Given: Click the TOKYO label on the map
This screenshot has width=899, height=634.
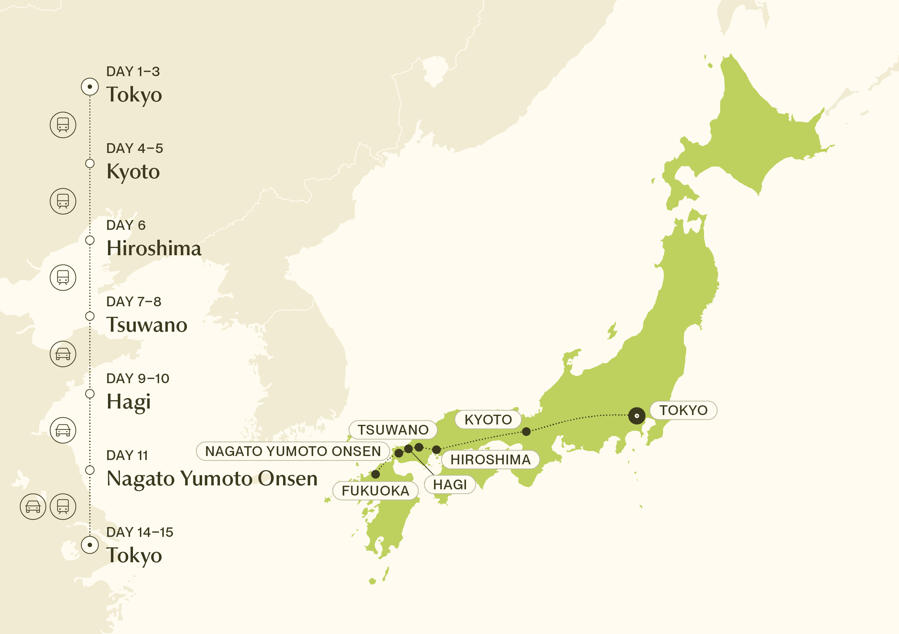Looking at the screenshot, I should [x=683, y=410].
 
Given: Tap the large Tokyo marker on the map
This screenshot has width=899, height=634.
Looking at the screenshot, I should [x=637, y=415].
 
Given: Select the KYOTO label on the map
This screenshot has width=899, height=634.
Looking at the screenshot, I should [x=488, y=419].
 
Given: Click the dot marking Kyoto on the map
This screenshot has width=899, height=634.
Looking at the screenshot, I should [x=526, y=431].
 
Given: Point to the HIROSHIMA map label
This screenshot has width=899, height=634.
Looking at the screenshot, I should [x=490, y=459].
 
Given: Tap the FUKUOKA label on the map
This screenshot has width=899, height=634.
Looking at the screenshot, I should [x=375, y=491].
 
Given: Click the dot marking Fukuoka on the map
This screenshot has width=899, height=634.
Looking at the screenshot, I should [x=375, y=474].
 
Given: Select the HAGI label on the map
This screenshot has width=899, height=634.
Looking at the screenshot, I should [x=450, y=484].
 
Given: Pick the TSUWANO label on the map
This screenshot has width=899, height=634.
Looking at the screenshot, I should [x=393, y=430].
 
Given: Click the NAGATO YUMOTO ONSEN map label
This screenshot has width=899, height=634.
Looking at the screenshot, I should [x=293, y=451].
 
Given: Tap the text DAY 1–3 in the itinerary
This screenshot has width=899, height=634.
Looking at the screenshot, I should [x=133, y=72].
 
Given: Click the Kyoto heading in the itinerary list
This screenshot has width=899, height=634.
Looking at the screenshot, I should [x=133, y=171].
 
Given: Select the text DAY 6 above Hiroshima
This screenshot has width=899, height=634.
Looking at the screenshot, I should [x=126, y=225].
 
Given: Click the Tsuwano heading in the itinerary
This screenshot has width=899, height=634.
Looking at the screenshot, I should [x=147, y=325].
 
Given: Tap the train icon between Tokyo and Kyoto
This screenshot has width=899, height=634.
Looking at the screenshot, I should [x=63, y=125].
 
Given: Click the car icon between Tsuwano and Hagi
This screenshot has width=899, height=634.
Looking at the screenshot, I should [x=63, y=354].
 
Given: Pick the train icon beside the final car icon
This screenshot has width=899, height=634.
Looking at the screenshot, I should [x=63, y=506].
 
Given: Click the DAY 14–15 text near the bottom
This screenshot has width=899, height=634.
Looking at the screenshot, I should [x=140, y=532].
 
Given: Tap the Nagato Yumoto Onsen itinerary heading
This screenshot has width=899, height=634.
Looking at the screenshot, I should [x=212, y=478].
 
